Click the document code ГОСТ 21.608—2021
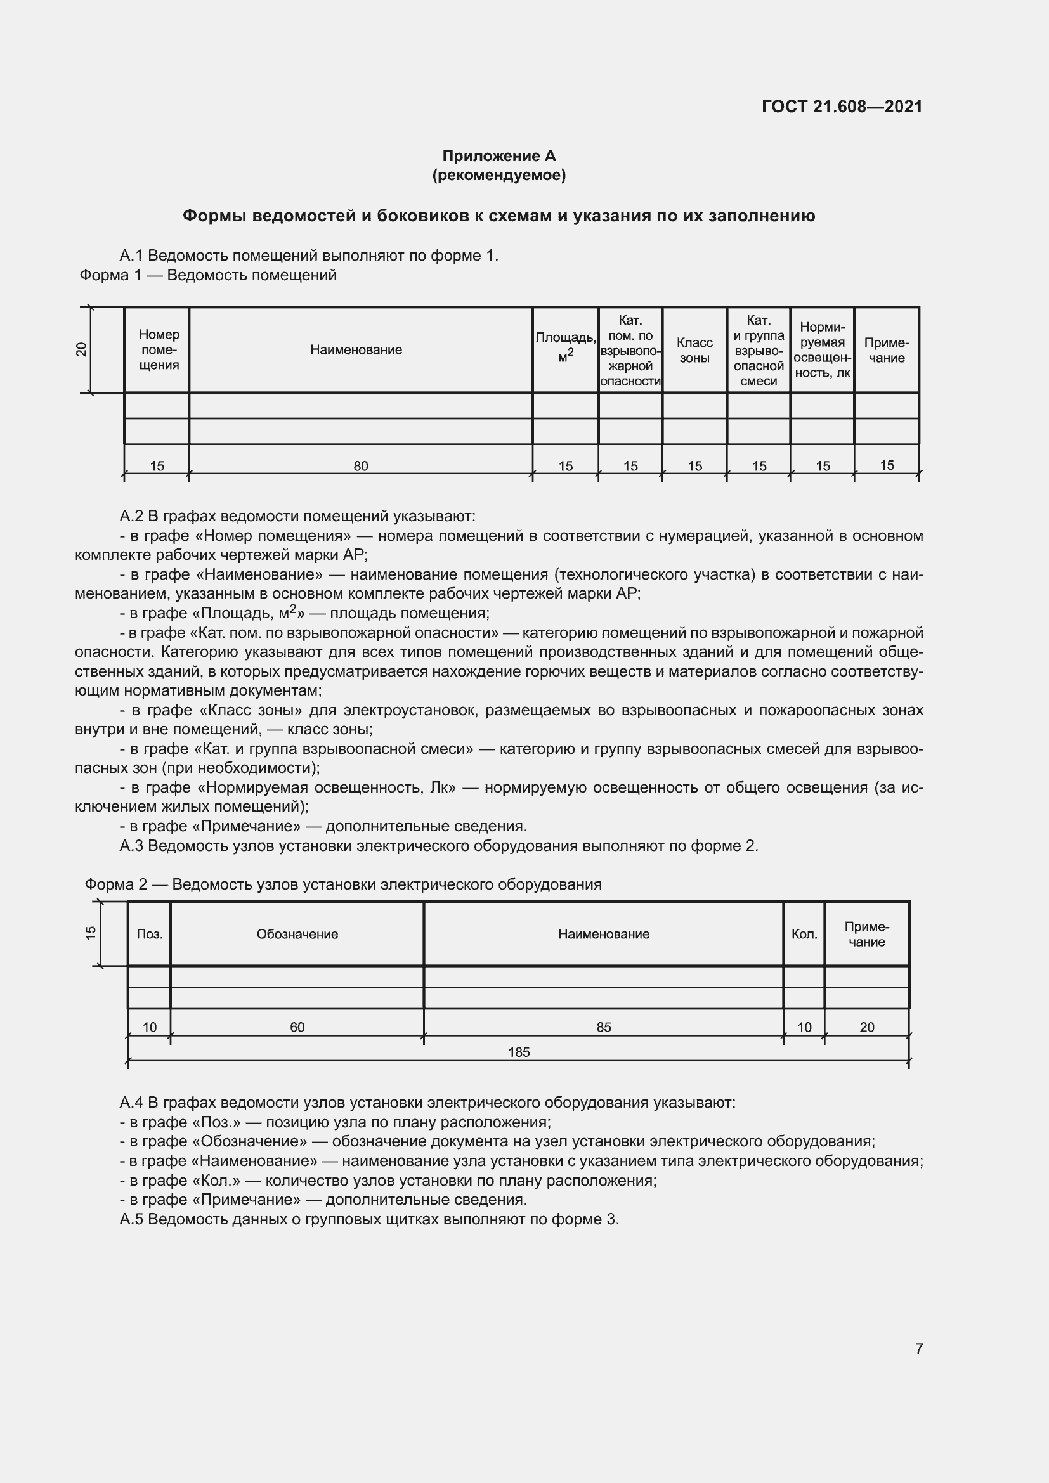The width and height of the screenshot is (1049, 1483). (842, 107)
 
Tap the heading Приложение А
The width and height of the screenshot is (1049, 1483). (498, 156)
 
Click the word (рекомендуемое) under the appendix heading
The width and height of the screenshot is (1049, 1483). (498, 175)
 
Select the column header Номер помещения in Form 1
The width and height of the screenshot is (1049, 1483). (159, 349)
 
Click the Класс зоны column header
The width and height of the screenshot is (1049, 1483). (694, 350)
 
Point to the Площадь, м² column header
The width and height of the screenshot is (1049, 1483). (565, 346)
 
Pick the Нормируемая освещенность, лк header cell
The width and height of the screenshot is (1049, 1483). (823, 350)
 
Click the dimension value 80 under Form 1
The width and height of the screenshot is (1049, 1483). (360, 466)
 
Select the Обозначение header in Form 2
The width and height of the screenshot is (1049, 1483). (297, 934)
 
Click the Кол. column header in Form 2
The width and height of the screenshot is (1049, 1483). (804, 934)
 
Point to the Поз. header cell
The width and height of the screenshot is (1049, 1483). (149, 934)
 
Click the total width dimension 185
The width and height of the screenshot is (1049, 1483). (519, 1052)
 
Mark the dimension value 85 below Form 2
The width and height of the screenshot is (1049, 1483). (603, 1027)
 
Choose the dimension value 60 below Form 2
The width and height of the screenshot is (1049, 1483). (297, 1027)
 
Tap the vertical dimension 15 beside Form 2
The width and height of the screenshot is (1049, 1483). (91, 933)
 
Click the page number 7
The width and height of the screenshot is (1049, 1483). (918, 1349)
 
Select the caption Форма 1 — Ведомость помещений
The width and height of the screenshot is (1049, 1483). (208, 275)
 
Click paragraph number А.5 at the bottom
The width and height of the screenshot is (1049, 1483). (133, 1219)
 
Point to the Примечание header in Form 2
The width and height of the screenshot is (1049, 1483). (867, 934)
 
